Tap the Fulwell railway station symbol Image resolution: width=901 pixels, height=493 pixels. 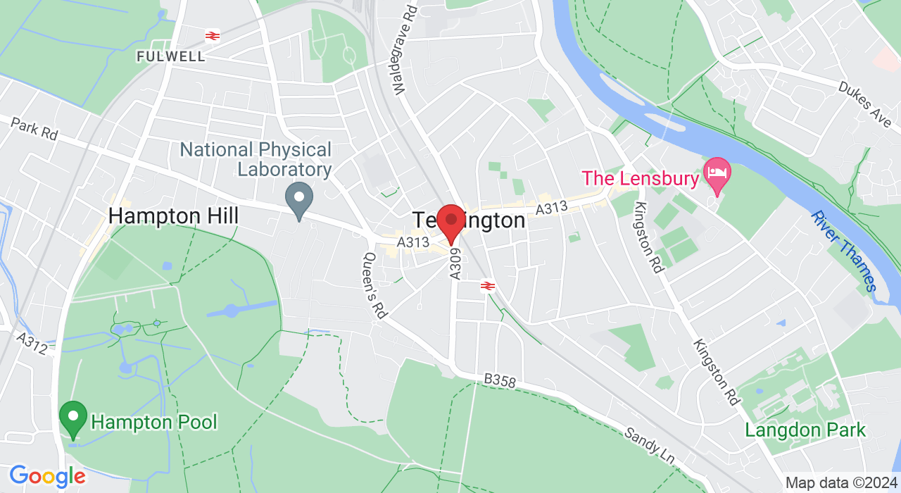click(x=210, y=35)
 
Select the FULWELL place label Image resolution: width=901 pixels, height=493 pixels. click(x=171, y=56)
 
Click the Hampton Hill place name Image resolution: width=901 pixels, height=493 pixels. click(x=173, y=216)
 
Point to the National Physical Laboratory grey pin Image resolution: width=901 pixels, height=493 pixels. click(x=299, y=199)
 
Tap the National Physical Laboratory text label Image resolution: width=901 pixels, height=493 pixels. click(x=256, y=159)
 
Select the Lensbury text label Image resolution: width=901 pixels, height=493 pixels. click(x=640, y=178)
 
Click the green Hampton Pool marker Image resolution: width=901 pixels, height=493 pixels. click(x=73, y=418)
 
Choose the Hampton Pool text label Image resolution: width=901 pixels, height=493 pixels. click(x=154, y=423)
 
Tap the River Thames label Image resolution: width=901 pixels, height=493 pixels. click(x=843, y=251)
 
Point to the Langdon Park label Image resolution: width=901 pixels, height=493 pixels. click(x=805, y=430)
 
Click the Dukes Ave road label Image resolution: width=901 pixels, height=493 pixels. click(x=864, y=103)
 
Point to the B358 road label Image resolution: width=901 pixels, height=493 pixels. click(x=500, y=381)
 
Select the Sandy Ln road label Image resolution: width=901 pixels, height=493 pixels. click(x=650, y=444)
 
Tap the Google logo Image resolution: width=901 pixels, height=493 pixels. click(x=47, y=476)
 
